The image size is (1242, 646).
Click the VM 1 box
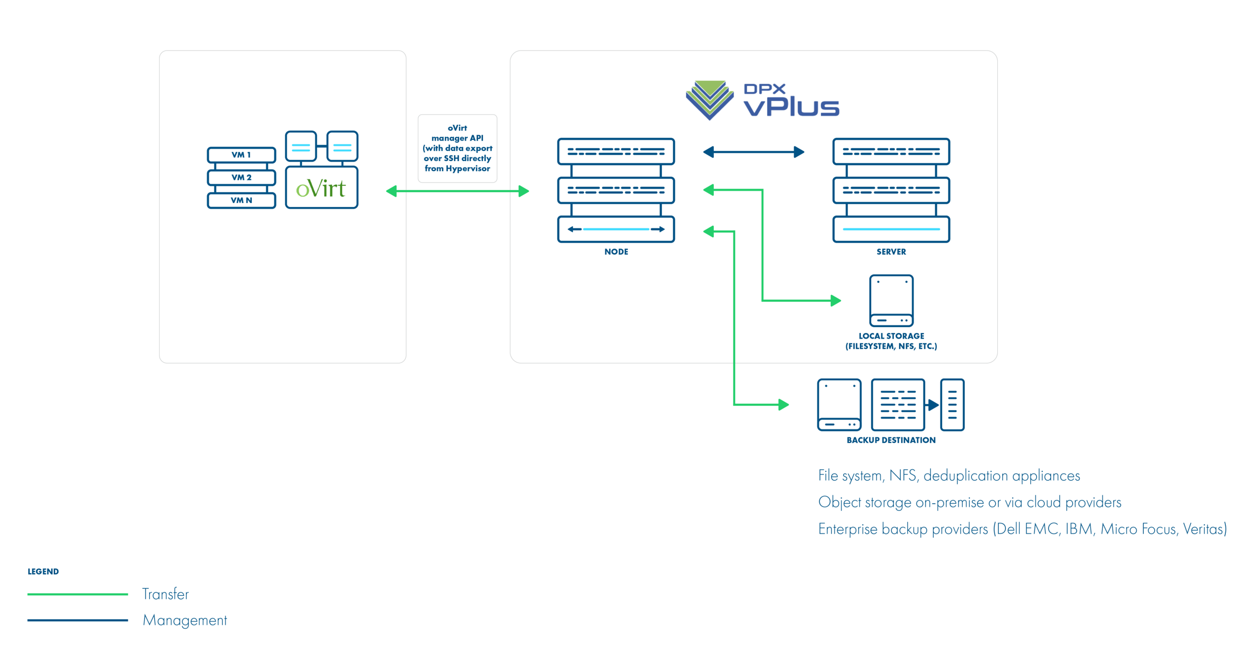(241, 155)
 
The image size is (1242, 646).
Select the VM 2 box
(241, 177)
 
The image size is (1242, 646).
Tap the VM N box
(241, 200)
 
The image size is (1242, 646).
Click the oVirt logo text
(321, 188)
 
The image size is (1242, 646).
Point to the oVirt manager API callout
(457, 148)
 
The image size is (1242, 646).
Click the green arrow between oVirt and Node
(457, 191)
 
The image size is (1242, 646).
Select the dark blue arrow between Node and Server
(753, 152)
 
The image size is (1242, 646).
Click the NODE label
(616, 252)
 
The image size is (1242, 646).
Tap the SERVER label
(891, 252)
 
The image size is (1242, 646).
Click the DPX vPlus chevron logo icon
(709, 100)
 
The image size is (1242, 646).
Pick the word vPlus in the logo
(791, 106)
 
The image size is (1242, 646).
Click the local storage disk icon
(891, 300)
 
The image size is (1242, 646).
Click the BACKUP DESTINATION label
(891, 440)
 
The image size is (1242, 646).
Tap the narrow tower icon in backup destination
(952, 405)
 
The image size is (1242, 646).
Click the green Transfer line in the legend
(78, 594)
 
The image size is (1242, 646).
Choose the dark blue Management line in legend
(78, 620)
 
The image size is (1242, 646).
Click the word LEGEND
(43, 571)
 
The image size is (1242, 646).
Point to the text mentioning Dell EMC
(1022, 529)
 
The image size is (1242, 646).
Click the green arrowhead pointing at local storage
(836, 300)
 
